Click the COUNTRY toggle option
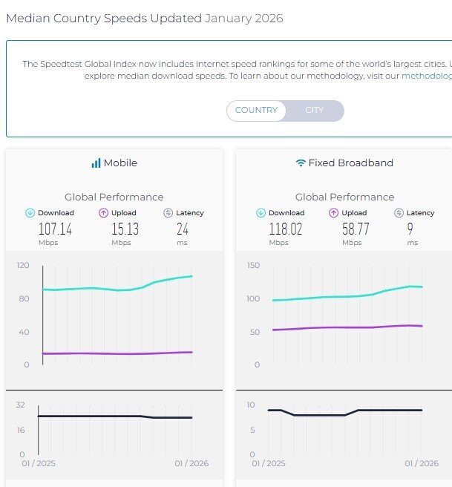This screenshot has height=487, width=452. [256, 111]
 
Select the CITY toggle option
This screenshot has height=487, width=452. [315, 111]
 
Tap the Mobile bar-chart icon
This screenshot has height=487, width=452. [96, 163]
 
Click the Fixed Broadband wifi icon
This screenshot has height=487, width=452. [301, 163]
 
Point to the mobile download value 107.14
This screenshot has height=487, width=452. [55, 229]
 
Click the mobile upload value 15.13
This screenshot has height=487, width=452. [125, 229]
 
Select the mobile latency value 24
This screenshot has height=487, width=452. [182, 229]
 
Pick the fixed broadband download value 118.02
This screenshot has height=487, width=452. [286, 229]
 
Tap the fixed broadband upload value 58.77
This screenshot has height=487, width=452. [355, 229]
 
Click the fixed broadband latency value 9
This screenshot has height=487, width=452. [410, 229]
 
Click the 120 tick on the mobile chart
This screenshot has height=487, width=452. [22, 265]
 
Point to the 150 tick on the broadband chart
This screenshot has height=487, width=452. [253, 265]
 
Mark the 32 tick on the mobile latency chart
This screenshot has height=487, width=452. [21, 405]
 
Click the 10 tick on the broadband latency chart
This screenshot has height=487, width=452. [252, 405]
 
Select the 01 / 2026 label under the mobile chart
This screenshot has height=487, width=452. [191, 464]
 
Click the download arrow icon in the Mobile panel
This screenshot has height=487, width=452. [30, 213]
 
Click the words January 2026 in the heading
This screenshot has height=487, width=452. [244, 18]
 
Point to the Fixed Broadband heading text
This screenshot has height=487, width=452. [350, 163]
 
